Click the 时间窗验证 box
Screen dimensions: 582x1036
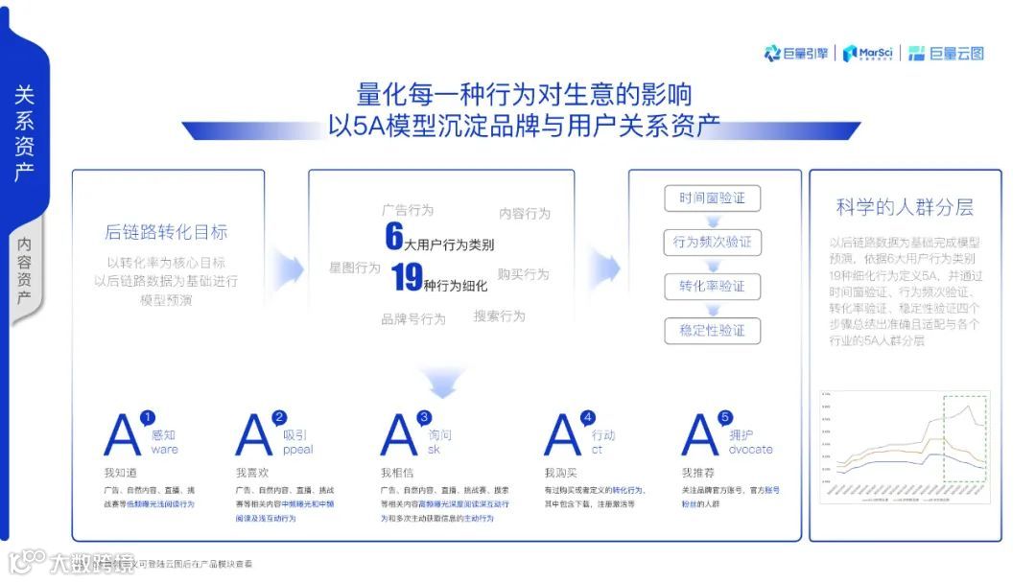712,198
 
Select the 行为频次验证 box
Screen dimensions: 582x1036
712,243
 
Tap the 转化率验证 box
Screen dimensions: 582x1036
712,287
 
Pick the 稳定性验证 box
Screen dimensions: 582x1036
712,331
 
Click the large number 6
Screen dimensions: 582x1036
393,236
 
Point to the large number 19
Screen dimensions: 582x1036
407,278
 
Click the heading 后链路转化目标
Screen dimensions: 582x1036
166,232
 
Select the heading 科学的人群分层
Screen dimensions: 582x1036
905,207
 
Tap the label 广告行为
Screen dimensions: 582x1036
407,210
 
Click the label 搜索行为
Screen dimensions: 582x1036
499,315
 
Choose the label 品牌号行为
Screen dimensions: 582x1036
412,319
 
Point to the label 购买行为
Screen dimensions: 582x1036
523,274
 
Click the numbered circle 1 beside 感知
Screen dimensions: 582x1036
147,418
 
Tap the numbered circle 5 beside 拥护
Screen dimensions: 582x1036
725,418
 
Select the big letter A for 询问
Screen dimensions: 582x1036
398,436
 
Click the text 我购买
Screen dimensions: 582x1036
560,473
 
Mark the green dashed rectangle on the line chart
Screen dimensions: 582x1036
966,438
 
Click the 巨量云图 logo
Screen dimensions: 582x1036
946,54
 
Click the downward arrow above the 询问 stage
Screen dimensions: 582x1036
442,383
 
